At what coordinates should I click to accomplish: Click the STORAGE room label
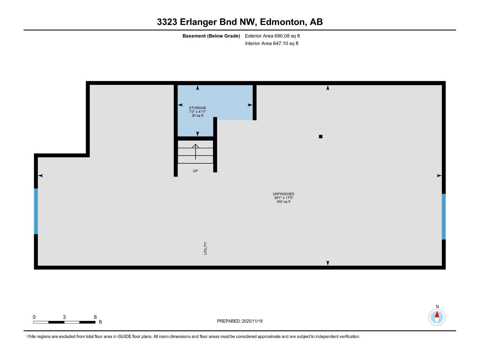197,108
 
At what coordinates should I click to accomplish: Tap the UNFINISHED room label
283,194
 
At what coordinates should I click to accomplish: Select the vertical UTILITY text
205,248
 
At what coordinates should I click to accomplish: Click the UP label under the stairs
195,171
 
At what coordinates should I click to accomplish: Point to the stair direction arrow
196,151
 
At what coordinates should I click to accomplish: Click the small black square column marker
320,136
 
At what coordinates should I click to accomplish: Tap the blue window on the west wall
36,211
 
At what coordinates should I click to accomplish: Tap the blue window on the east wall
444,217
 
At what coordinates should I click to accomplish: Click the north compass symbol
437,317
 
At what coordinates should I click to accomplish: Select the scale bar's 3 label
64,317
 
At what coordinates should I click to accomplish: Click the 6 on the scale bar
95,317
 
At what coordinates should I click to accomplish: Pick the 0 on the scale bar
34,317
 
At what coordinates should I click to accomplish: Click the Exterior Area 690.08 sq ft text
272,36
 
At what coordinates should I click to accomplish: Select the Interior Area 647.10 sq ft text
271,43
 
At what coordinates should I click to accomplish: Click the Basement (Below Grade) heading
211,36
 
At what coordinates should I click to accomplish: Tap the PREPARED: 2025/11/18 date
240,321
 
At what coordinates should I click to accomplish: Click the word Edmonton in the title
282,22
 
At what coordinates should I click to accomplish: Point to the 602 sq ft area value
283,202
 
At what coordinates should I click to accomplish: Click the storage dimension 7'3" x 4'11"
197,112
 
